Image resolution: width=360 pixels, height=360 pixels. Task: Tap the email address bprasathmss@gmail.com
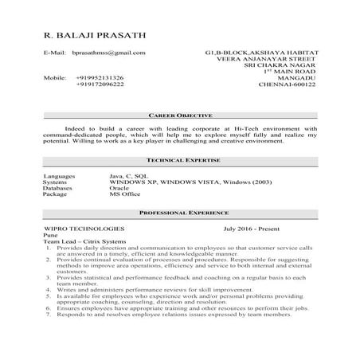(x=108, y=53)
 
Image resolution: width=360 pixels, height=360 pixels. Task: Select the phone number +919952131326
(x=100, y=77)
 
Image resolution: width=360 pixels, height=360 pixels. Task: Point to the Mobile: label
(x=55, y=77)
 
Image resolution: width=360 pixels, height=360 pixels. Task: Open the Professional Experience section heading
(x=179, y=214)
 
